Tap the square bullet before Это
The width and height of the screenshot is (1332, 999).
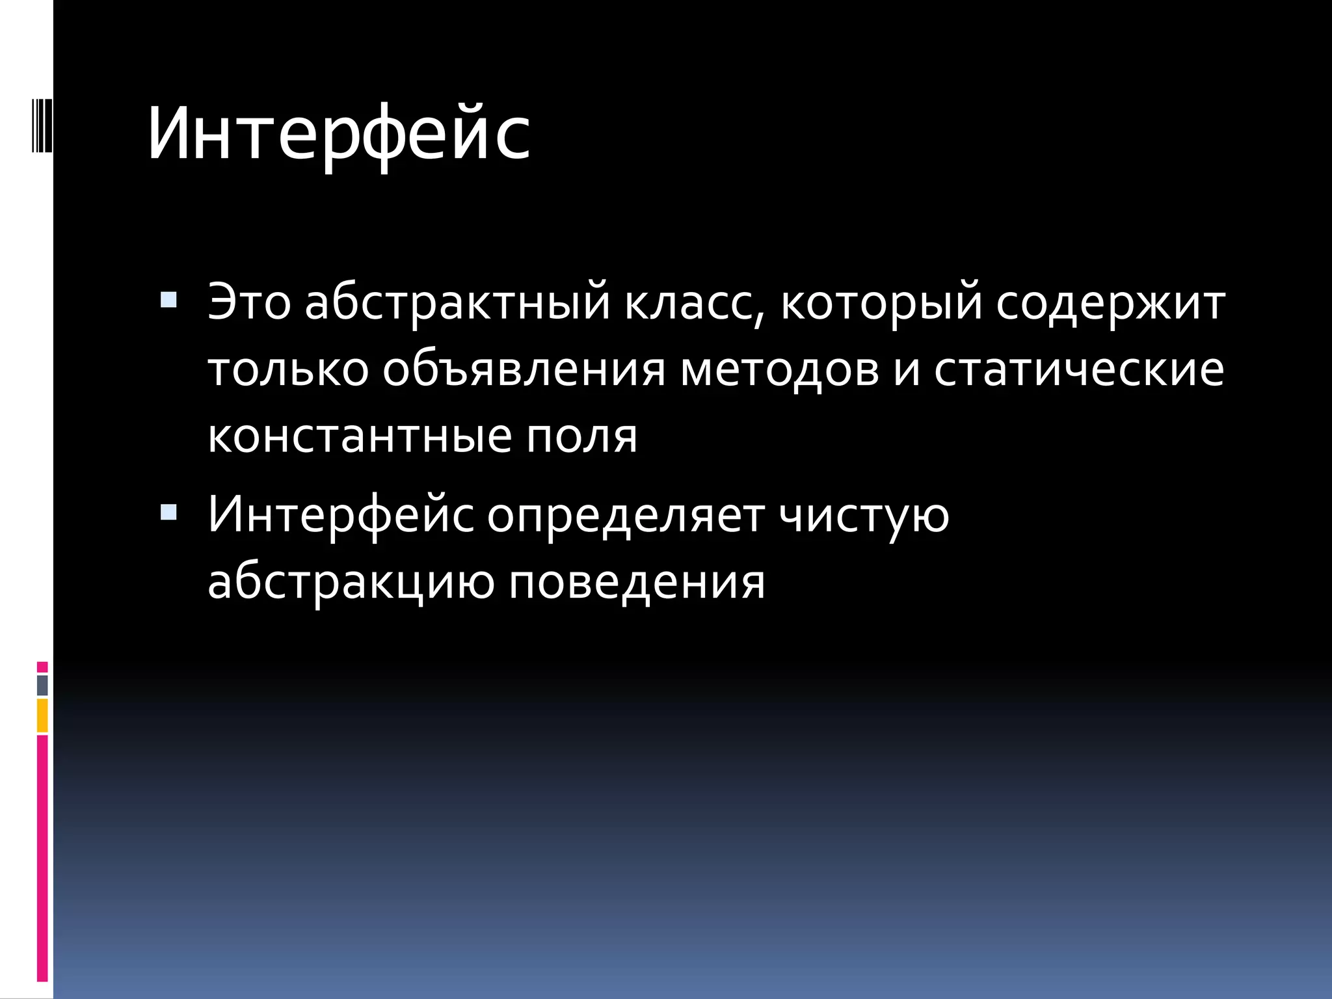(x=168, y=300)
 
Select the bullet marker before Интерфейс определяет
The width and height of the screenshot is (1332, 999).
(x=168, y=513)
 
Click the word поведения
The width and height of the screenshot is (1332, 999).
(x=637, y=582)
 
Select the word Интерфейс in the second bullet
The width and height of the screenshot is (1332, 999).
(x=340, y=516)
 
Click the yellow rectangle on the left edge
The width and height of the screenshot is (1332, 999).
(x=42, y=715)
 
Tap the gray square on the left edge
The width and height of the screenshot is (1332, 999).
(x=42, y=685)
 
